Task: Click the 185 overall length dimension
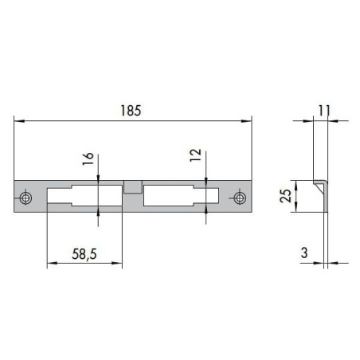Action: point(131,111)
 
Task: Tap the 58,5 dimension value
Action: point(84,254)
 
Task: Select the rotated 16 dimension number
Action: point(88,158)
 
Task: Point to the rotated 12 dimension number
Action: point(196,155)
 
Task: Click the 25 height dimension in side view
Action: point(286,196)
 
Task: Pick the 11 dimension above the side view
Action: point(324,111)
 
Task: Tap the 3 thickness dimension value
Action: point(304,252)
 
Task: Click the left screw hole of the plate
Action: point(25,198)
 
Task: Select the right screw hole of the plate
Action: point(240,198)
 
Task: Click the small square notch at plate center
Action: point(133,187)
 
